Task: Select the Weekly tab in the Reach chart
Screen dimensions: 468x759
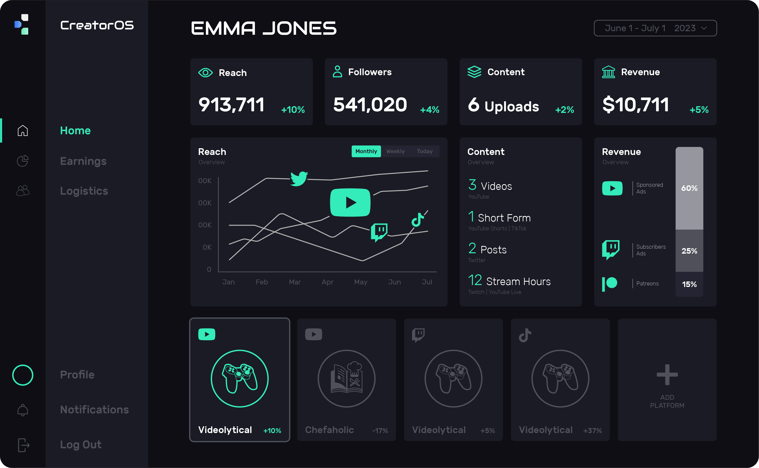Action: (x=395, y=151)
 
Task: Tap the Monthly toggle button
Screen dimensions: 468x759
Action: (x=366, y=151)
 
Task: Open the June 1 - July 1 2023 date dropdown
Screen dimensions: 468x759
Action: (x=655, y=28)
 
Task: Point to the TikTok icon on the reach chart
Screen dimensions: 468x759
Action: (x=418, y=220)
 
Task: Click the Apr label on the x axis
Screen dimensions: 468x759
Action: (x=327, y=282)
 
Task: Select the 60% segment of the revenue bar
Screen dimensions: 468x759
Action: (x=689, y=188)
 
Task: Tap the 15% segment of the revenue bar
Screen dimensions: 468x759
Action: (x=689, y=284)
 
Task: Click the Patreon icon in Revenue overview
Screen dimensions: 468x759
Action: (x=609, y=283)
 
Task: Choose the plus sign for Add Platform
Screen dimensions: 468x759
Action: (x=667, y=374)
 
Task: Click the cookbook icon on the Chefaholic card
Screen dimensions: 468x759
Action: (x=346, y=378)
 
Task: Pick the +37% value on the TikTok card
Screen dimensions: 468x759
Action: (x=592, y=430)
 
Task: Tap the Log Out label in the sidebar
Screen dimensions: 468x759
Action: (x=81, y=445)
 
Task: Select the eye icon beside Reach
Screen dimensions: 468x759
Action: (x=205, y=73)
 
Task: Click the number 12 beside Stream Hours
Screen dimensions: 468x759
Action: (x=475, y=280)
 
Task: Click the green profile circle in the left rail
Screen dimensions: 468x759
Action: (x=23, y=375)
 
